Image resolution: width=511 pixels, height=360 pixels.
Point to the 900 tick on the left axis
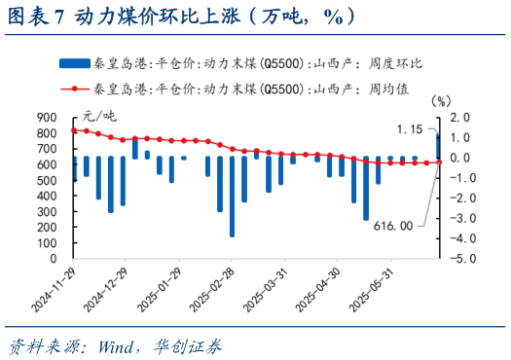coord(48,117)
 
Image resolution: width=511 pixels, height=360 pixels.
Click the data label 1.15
coord(410,128)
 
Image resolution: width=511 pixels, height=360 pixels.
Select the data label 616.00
coord(393,225)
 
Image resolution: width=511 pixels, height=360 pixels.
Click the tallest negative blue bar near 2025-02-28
coord(232,196)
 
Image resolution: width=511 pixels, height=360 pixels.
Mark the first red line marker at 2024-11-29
coord(74,129)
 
